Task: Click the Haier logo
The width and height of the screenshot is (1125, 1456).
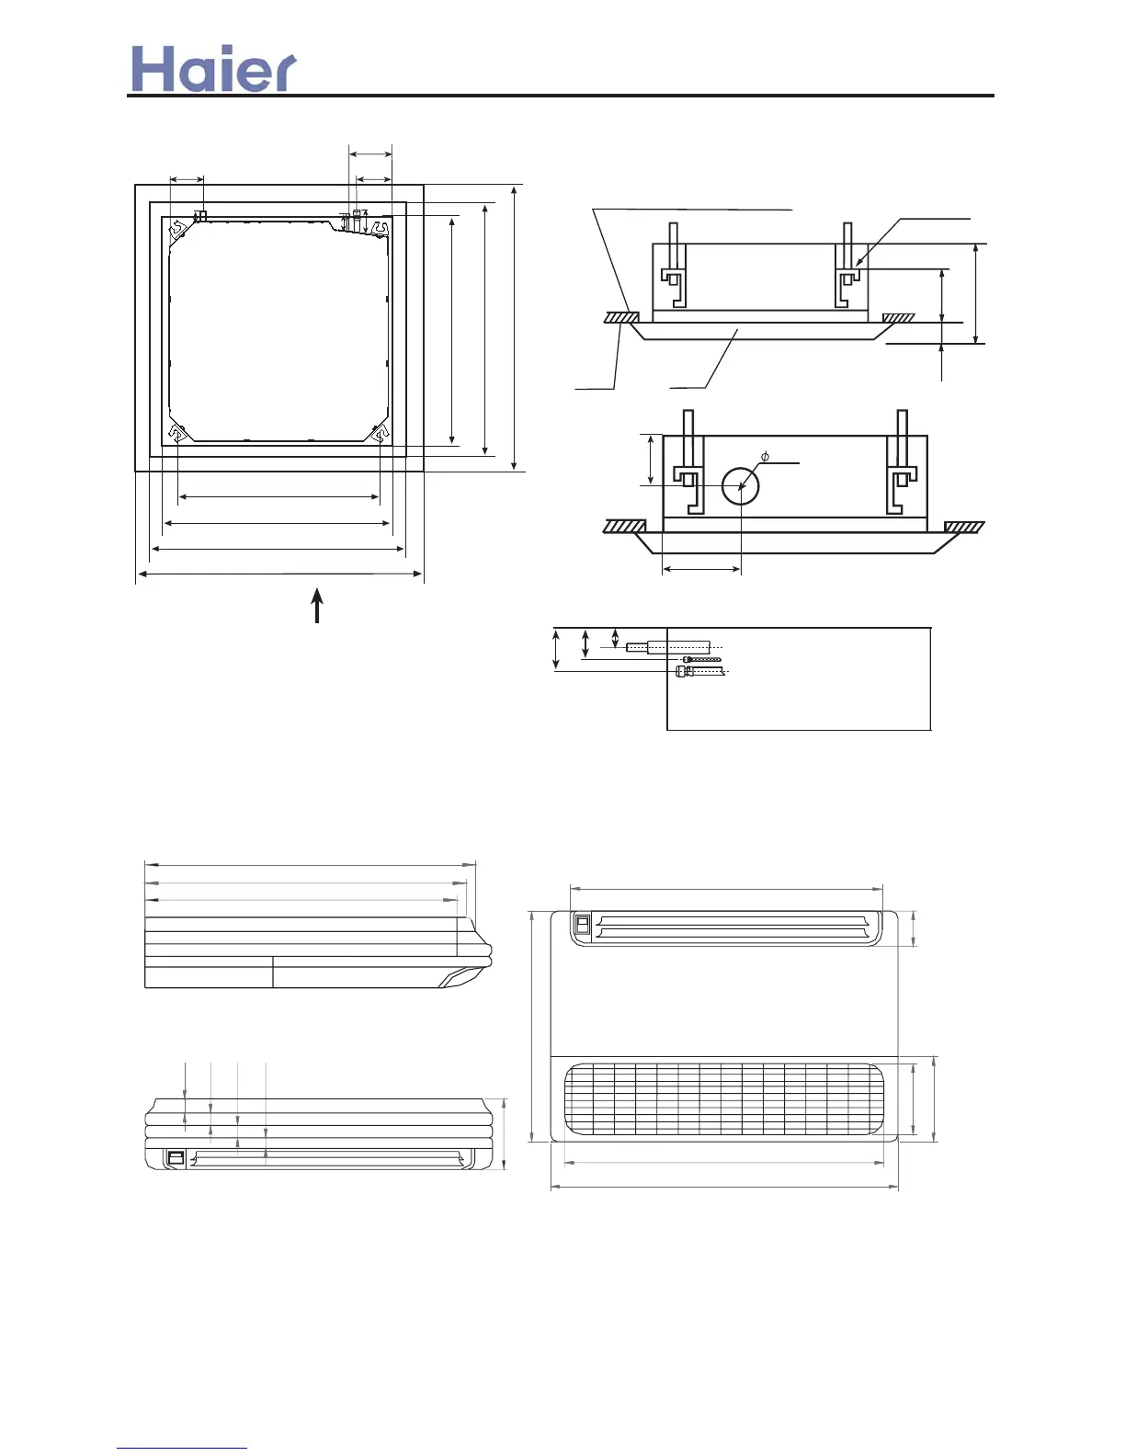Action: coord(213,70)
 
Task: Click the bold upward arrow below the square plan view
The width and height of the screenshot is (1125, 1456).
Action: coord(317,607)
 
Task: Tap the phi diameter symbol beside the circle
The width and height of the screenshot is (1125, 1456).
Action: coord(765,457)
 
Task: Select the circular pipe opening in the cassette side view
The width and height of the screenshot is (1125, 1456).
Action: coord(740,486)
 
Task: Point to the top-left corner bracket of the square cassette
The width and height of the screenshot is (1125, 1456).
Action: coord(177,229)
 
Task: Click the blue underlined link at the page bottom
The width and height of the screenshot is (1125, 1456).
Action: coord(182,1448)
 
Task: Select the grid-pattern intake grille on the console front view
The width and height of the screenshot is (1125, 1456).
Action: coord(723,1099)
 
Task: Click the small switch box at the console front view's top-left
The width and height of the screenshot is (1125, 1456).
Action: coord(581,923)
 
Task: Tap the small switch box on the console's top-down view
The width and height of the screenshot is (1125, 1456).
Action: coord(175,1158)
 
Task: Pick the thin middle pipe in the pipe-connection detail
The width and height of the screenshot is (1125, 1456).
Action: coord(702,659)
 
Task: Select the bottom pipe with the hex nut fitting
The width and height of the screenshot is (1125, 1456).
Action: coord(699,672)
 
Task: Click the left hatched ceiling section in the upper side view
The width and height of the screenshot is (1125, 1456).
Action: coord(621,317)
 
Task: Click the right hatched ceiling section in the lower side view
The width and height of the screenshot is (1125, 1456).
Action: coord(964,527)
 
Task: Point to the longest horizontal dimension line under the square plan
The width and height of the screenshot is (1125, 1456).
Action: coord(279,575)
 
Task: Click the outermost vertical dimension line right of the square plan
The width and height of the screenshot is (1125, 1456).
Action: coord(515,327)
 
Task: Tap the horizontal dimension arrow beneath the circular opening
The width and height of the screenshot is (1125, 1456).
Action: coord(701,570)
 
